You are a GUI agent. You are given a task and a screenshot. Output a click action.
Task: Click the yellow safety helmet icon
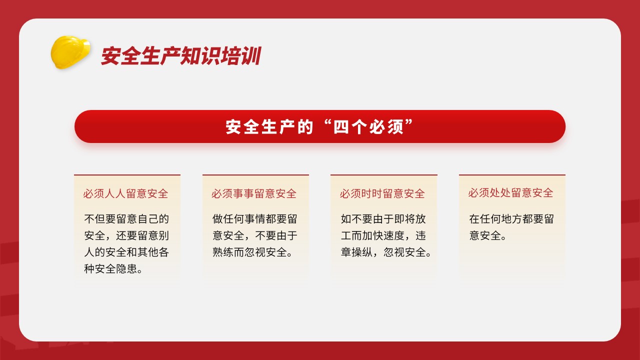coord(70,52)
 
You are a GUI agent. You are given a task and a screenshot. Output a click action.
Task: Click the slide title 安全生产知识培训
coord(181,55)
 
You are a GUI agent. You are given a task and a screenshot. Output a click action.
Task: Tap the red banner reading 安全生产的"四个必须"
coord(319,126)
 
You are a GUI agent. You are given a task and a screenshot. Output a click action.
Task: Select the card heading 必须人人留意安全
coord(125,193)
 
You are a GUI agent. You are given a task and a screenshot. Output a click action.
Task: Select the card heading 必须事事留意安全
coord(254,193)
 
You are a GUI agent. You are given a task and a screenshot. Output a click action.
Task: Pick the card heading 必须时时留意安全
coord(382,193)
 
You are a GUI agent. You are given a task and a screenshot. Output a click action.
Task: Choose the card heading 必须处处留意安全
coord(510,193)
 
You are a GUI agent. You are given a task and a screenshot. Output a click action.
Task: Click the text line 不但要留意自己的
coord(126,219)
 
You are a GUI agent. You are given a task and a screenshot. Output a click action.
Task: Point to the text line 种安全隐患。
coord(113,269)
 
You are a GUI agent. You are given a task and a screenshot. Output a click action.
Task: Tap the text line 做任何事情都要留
coord(255,219)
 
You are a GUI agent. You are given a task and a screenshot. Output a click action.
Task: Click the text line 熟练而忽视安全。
coord(252,252)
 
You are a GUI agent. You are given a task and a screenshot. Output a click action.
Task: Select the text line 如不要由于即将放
coord(383,219)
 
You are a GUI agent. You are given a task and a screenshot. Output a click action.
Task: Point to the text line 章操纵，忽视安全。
coord(386,252)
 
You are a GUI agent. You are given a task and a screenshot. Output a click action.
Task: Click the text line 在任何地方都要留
coord(511,219)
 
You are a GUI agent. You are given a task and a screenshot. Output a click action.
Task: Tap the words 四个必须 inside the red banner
coord(368,127)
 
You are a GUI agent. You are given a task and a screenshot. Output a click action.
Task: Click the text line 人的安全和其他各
coord(126,252)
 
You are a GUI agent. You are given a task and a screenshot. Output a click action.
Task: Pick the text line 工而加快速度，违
coord(383,235)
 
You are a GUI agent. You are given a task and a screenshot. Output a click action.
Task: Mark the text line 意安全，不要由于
coord(255,235)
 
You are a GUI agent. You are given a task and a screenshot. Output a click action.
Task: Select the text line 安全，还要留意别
coord(126,235)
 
